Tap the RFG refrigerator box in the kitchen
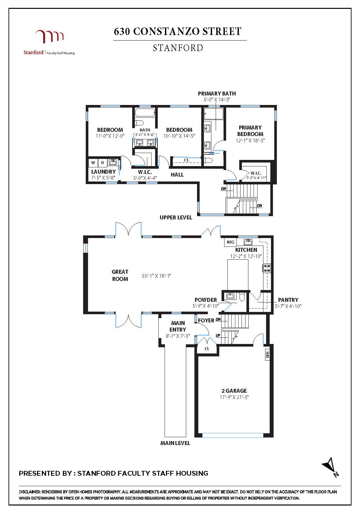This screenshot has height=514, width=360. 230,242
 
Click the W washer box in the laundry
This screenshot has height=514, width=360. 93,163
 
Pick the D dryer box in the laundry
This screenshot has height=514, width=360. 102,163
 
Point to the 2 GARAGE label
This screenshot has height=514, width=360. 234,390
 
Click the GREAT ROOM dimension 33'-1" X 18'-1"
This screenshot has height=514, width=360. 156,276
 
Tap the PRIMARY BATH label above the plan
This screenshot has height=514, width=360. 217,94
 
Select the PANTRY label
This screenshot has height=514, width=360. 288,300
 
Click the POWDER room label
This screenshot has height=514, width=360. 206,300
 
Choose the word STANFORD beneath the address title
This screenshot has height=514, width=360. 178,48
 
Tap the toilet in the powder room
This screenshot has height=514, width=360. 242,297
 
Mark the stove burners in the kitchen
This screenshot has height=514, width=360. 267,268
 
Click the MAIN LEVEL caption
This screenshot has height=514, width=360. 175,443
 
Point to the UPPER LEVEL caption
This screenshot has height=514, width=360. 176,217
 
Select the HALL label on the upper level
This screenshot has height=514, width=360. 177,175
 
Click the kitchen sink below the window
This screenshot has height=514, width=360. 248,242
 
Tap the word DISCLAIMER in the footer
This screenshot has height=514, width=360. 29,492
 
